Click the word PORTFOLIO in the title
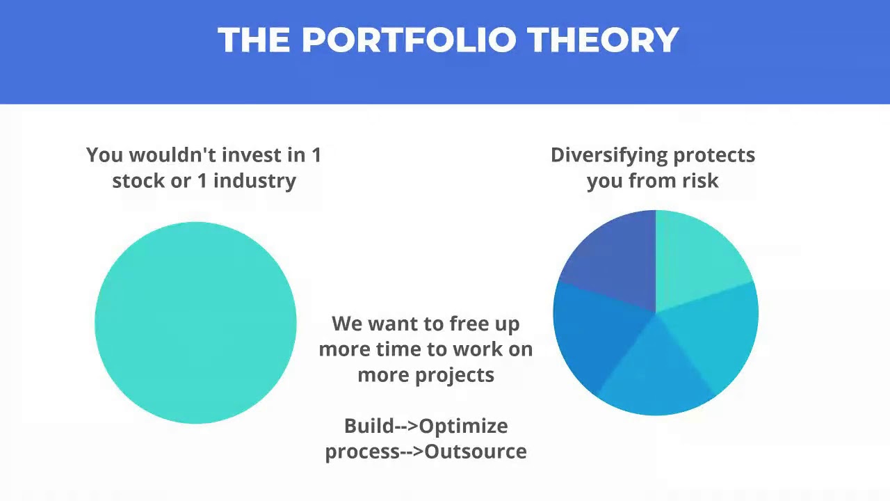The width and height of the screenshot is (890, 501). (409, 40)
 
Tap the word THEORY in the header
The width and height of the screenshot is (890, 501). (604, 40)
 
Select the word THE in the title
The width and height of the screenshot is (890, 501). (254, 40)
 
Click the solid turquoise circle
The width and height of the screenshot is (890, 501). (195, 322)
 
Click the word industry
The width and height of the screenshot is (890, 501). (254, 182)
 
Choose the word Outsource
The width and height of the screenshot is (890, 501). (476, 452)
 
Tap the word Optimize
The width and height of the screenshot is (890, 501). (464, 427)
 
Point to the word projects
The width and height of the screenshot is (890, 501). (455, 376)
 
